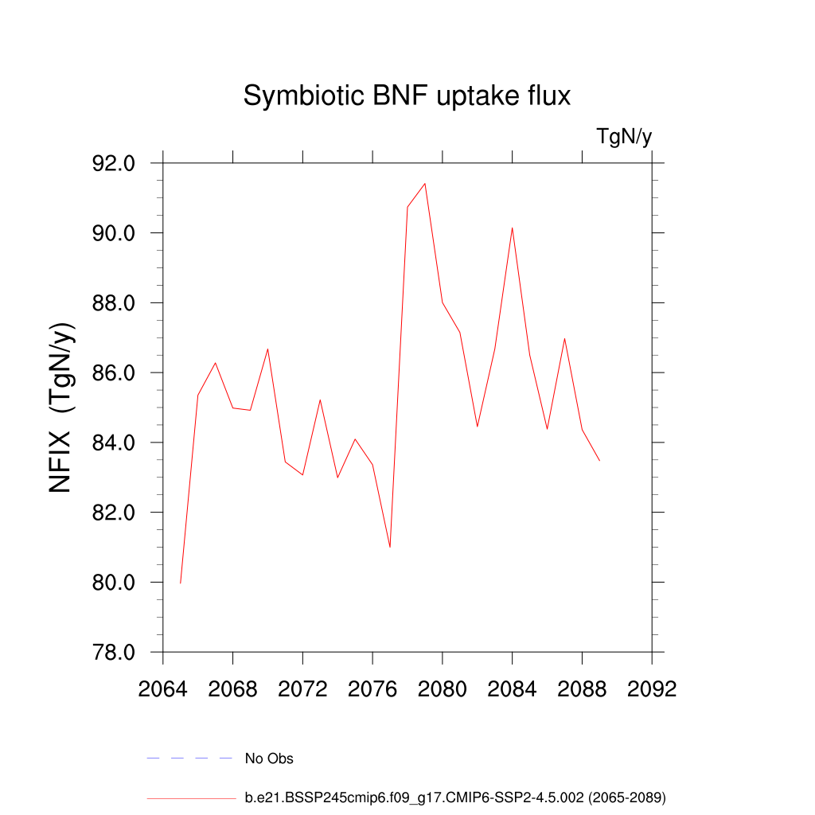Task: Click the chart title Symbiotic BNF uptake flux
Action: tap(407, 96)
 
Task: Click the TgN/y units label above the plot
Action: tap(624, 137)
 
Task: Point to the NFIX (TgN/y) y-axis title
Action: tap(62, 407)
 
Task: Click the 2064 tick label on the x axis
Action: tap(163, 688)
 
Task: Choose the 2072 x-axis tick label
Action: tap(302, 688)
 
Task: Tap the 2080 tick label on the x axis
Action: tap(443, 688)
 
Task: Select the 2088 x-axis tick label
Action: tap(582, 688)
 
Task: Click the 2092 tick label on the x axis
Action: tap(652, 688)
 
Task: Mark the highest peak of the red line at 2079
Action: tap(425, 184)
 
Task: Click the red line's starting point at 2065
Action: tap(181, 583)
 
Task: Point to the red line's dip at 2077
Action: tap(390, 547)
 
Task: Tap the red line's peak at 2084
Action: tap(512, 228)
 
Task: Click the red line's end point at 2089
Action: tap(599, 461)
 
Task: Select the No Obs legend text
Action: tap(269, 758)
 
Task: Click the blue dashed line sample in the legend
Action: tap(189, 758)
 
